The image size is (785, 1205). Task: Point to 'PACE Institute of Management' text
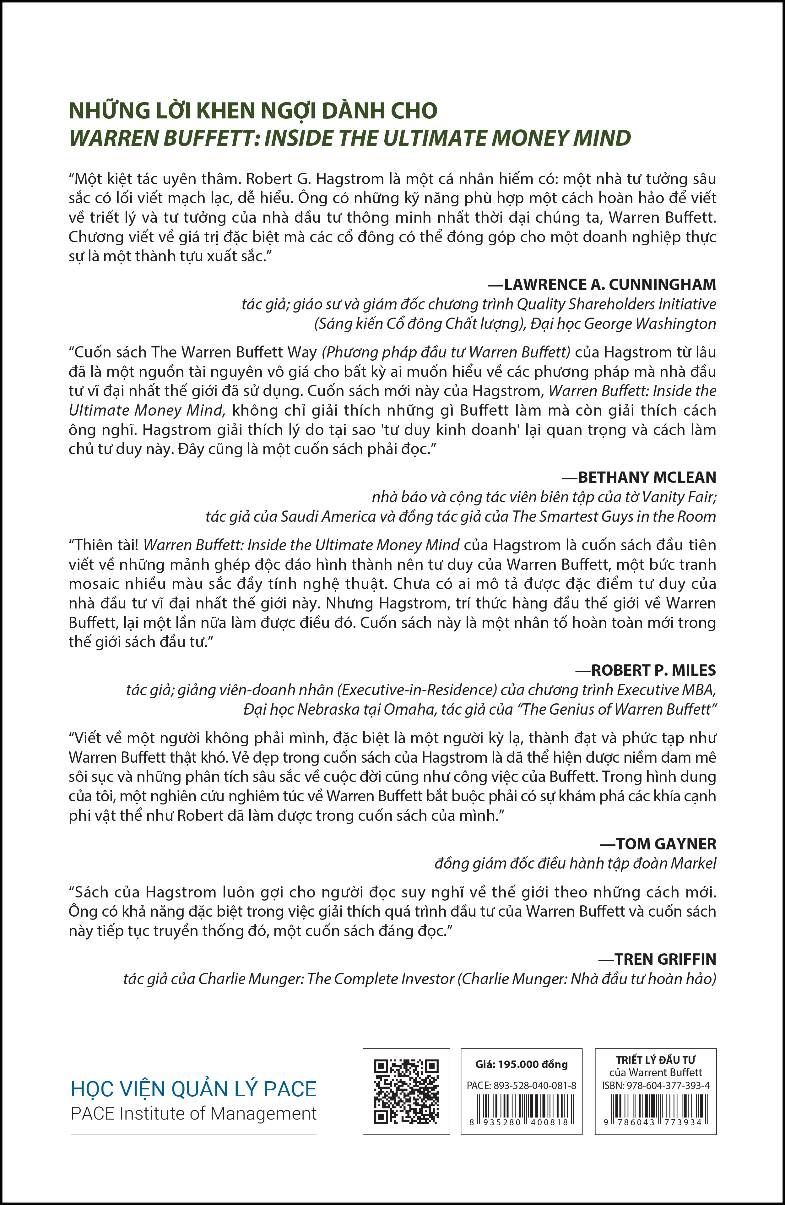tap(194, 1114)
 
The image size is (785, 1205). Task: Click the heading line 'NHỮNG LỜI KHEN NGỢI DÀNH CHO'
tap(253, 111)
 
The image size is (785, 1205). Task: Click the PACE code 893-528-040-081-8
tap(521, 1086)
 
